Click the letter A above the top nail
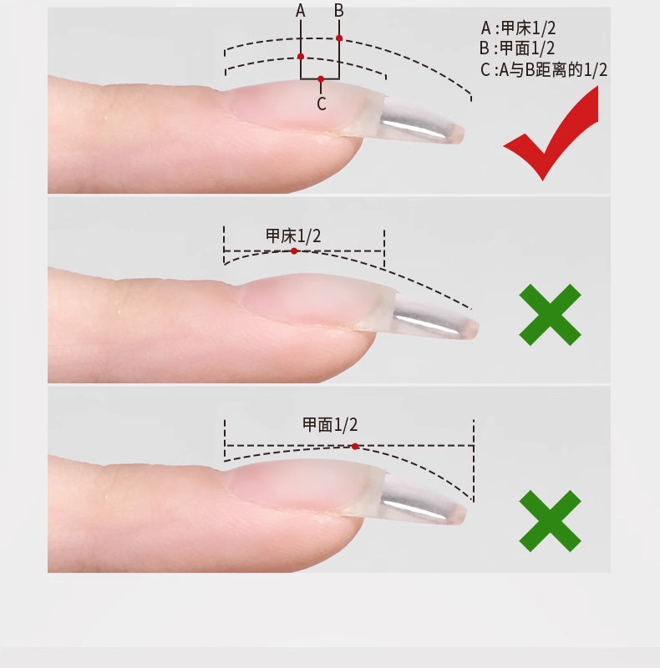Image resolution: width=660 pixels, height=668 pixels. [x=301, y=10]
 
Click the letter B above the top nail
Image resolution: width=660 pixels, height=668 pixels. [x=339, y=10]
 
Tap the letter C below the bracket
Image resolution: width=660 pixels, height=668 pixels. [x=322, y=104]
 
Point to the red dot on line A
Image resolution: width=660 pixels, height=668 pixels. [x=301, y=56]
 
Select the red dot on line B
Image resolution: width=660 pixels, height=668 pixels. [x=339, y=38]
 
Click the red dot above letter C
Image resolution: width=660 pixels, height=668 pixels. [x=321, y=78]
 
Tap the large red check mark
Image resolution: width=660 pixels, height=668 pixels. [x=551, y=133]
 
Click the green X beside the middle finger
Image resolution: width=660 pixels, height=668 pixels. [x=550, y=315]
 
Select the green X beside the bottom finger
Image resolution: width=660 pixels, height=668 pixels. [x=550, y=520]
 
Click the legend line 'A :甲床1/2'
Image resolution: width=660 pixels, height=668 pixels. [x=519, y=28]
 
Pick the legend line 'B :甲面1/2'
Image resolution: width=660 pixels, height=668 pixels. [x=517, y=48]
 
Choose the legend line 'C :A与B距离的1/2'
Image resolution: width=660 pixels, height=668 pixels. [x=544, y=69]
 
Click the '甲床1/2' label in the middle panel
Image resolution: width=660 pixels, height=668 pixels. [x=293, y=235]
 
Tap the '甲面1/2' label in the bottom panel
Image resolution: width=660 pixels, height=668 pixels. [x=330, y=425]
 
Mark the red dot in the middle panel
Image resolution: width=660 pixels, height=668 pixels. [x=294, y=251]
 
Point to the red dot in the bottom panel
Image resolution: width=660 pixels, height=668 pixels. [x=355, y=447]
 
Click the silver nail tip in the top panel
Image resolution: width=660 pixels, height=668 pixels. [x=420, y=121]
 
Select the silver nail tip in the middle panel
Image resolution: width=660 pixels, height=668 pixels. [x=434, y=316]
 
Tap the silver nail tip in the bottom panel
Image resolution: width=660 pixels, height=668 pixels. [x=422, y=499]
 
